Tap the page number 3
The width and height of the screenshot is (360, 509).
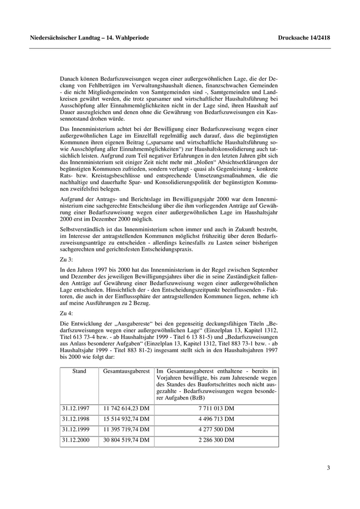[x=328, y=467]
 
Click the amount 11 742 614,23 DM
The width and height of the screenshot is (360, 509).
[x=127, y=408]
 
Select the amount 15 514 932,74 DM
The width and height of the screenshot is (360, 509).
[x=127, y=419]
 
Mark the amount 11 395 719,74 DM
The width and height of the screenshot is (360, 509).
[x=127, y=429]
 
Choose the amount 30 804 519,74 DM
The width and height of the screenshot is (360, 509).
[x=127, y=441]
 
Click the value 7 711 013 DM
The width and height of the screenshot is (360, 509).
[x=216, y=408]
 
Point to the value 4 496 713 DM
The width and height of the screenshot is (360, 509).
[x=216, y=419]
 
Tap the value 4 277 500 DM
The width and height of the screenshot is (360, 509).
[x=216, y=429]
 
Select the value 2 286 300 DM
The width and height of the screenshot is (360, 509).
[x=216, y=441]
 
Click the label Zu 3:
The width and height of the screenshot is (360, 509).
[x=67, y=259]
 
